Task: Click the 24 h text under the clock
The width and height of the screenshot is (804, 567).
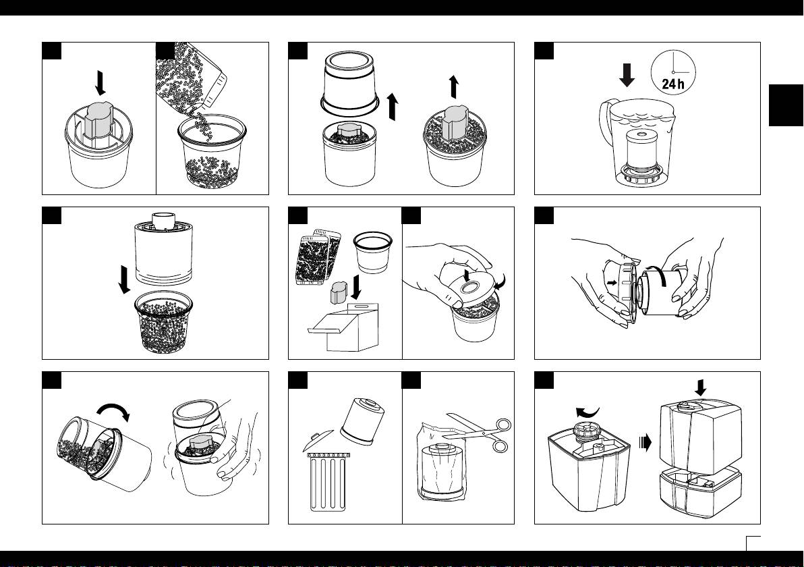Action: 672,84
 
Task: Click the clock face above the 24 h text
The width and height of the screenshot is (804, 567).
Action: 673,72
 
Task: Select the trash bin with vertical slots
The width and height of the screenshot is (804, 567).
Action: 328,481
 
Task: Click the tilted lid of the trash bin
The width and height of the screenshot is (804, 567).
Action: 318,441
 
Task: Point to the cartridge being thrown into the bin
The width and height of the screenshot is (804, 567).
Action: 362,421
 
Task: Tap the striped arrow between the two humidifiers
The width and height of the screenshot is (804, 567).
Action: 645,442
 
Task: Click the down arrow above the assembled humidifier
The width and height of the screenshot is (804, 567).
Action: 700,387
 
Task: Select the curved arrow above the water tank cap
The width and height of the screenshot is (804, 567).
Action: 587,412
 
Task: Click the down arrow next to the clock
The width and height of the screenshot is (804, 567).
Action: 627,75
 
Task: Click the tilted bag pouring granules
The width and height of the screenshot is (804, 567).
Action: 192,77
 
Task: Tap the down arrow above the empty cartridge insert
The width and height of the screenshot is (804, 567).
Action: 100,83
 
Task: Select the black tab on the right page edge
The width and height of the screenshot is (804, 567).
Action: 786,105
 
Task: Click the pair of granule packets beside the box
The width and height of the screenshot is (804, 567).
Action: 318,256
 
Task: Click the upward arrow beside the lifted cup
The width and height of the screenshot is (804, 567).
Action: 393,107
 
